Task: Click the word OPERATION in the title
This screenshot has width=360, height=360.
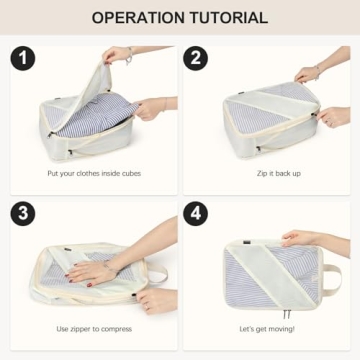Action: tap(138, 18)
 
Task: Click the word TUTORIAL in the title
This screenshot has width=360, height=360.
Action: tap(231, 18)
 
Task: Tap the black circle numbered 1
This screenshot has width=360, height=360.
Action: tap(24, 58)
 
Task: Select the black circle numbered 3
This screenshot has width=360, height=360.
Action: tap(24, 216)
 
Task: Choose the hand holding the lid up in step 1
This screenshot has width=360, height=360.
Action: tap(120, 55)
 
